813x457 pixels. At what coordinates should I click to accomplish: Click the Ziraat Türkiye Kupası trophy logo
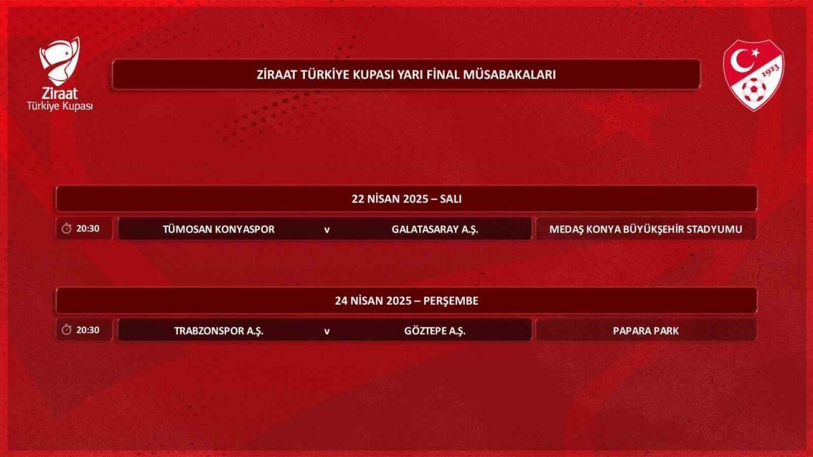[60, 61]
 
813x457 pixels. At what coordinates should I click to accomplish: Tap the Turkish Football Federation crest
[753, 75]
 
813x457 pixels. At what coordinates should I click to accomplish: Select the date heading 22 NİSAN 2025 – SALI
[406, 199]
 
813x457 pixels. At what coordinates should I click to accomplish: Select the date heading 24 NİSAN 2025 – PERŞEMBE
[406, 301]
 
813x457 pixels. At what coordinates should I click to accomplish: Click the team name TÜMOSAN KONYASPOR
[218, 229]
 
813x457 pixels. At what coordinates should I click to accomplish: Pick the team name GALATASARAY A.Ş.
[435, 229]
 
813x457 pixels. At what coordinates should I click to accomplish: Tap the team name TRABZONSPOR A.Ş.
[218, 331]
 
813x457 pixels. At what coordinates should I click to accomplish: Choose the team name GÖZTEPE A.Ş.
[435, 331]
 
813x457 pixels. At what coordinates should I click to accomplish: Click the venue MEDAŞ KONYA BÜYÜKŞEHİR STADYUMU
[646, 229]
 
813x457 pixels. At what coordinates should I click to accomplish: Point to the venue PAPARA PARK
[646, 331]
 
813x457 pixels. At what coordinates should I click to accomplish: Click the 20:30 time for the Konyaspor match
[88, 228]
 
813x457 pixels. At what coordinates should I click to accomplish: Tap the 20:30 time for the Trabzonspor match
[88, 330]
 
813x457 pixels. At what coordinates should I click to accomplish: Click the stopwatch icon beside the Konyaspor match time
[67, 228]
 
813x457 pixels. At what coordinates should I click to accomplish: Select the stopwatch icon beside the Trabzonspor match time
[67, 330]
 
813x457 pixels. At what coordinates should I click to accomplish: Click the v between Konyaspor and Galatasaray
[326, 230]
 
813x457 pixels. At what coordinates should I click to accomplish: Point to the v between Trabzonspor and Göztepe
[326, 331]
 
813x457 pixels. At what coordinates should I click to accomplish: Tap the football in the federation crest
[753, 90]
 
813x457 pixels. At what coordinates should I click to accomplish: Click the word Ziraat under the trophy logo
[60, 93]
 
